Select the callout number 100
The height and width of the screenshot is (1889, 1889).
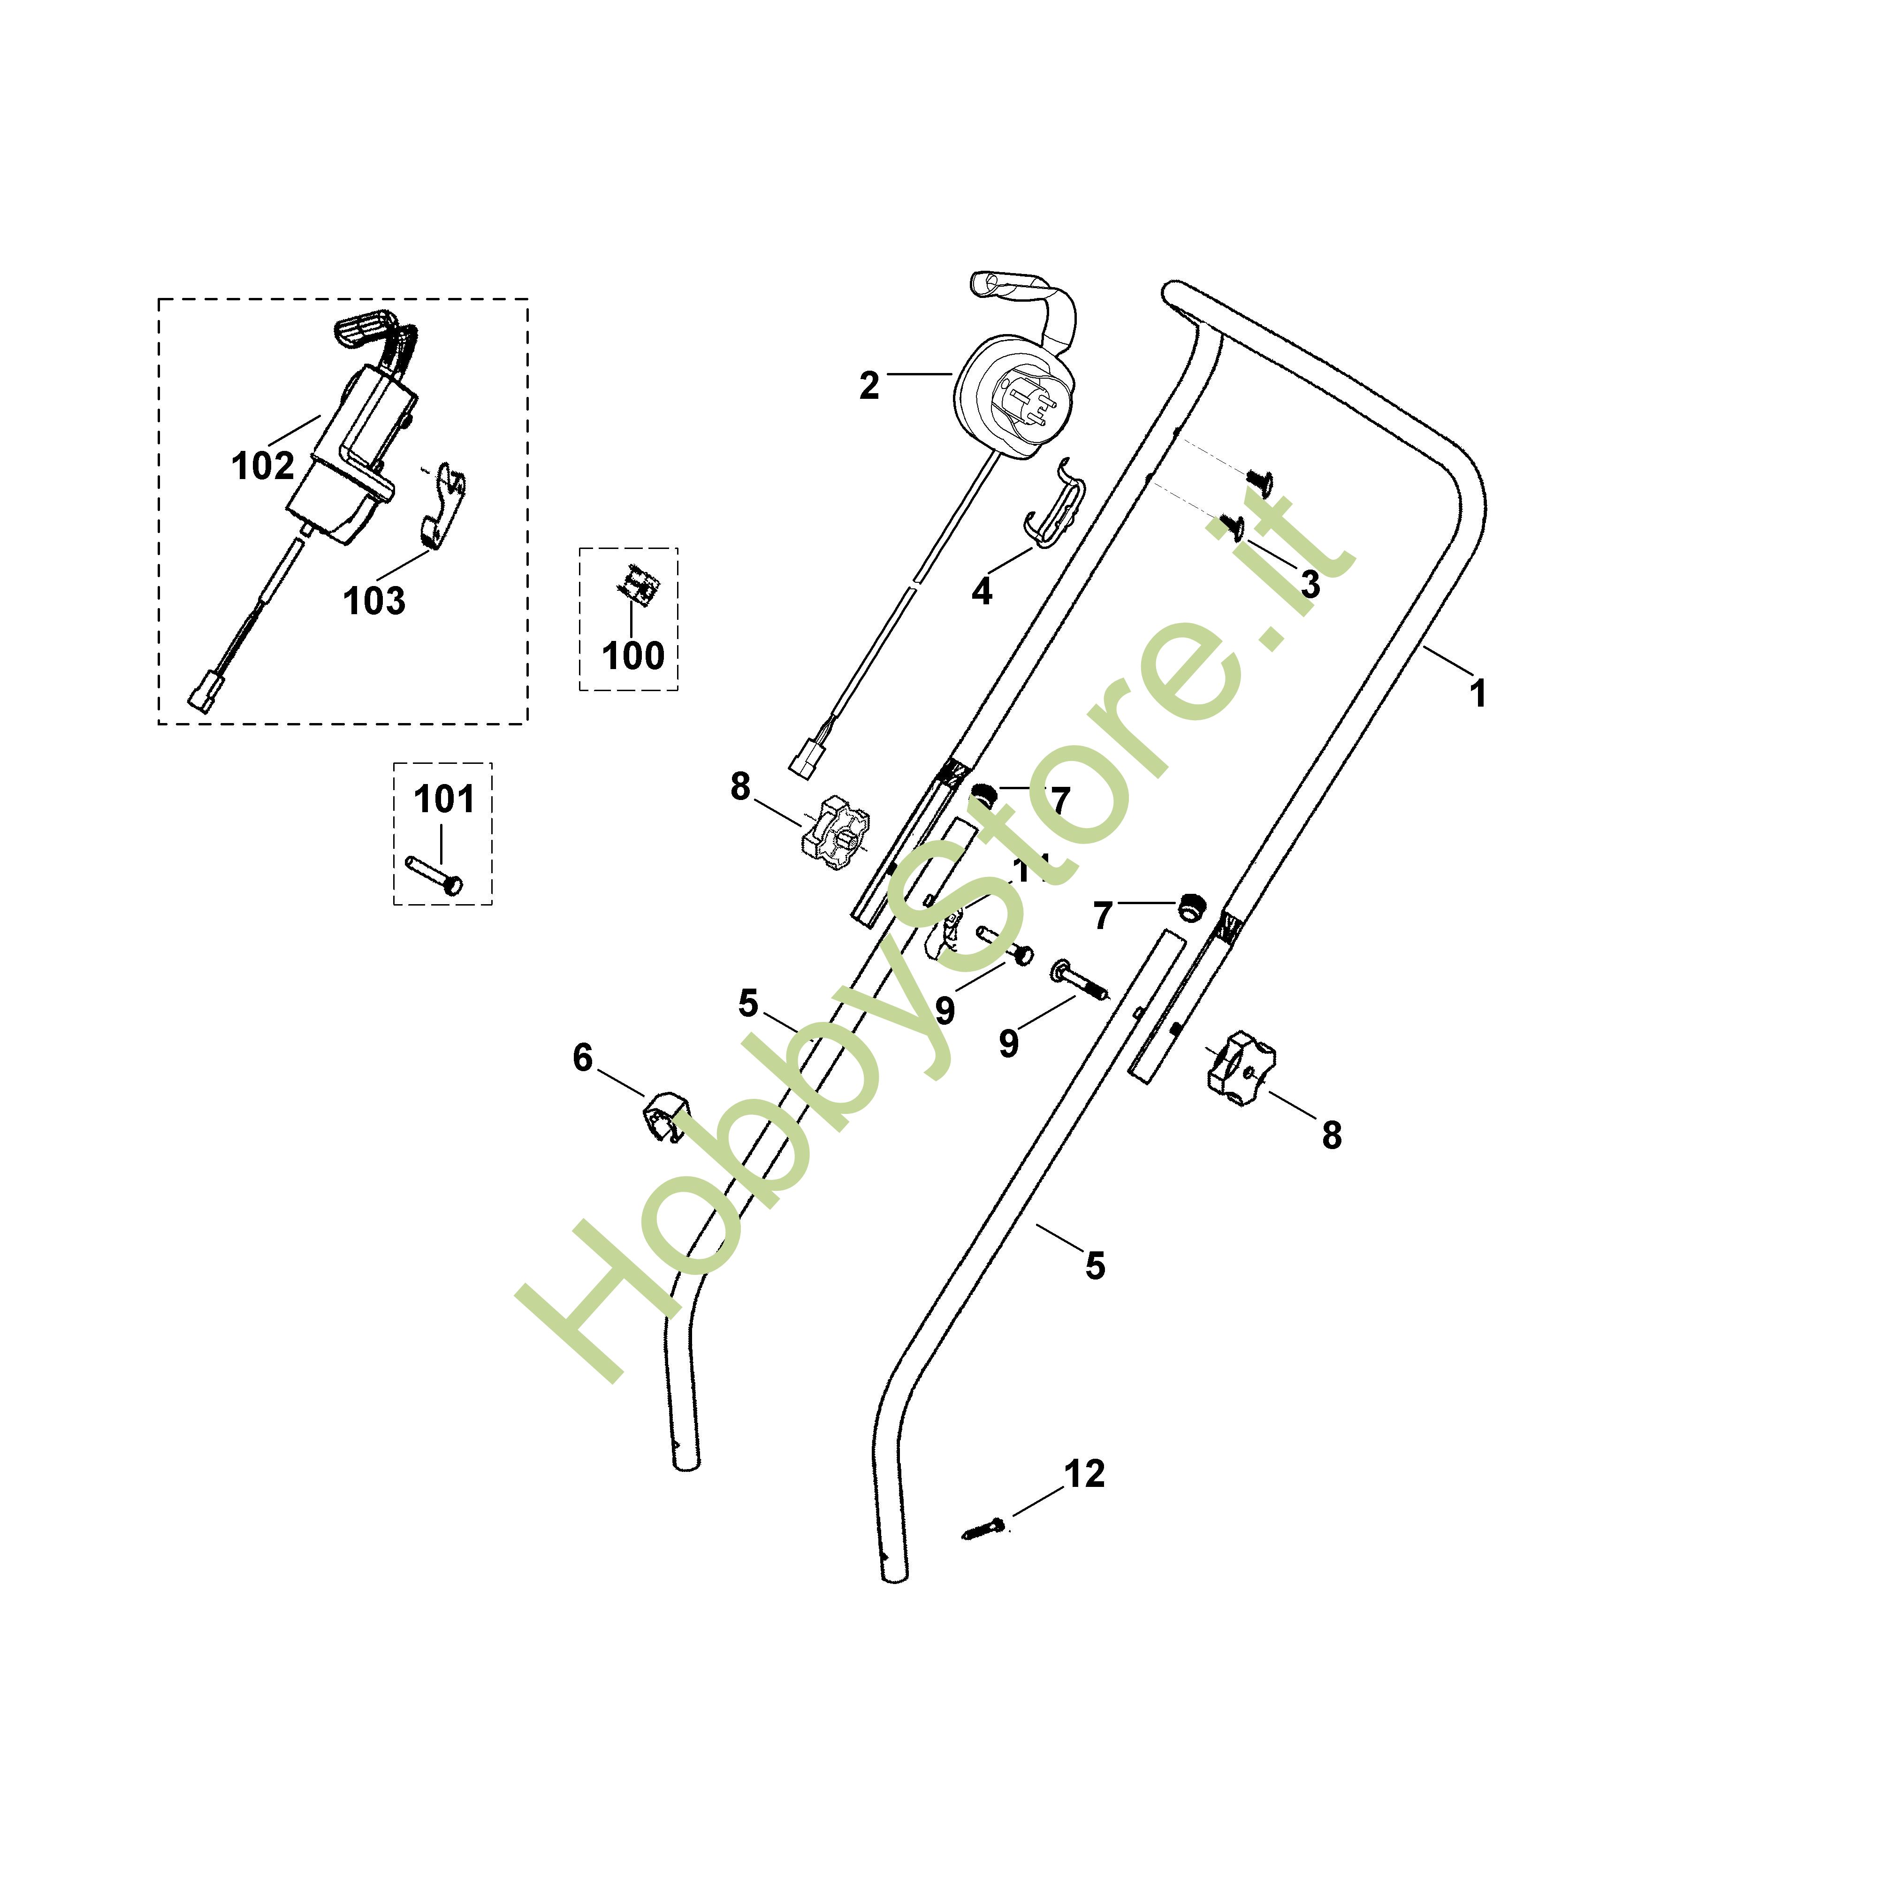[632, 655]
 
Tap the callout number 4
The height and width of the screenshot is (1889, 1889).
[982, 591]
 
